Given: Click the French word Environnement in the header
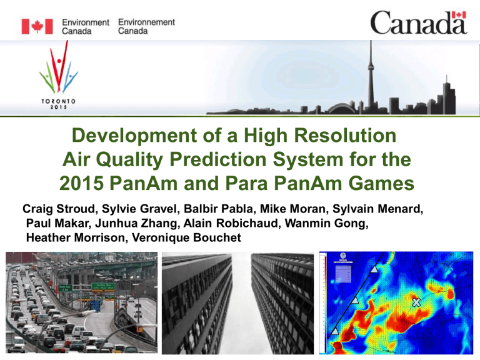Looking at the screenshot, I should click(146, 21).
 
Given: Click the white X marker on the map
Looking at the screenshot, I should click(416, 302).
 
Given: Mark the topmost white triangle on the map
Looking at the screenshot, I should click(374, 269).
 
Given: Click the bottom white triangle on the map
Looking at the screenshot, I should click(334, 330).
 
